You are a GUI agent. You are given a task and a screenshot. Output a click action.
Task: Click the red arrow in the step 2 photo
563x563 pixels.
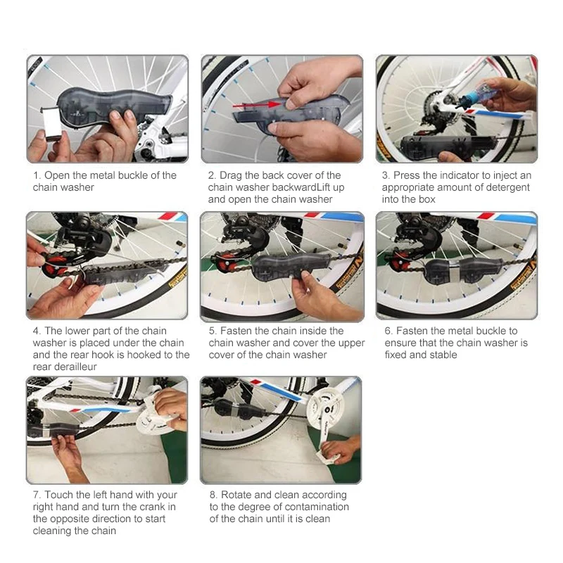256,105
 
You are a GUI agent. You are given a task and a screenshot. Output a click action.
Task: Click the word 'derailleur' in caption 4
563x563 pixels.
65,367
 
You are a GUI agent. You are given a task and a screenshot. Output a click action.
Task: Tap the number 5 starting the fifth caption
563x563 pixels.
213,331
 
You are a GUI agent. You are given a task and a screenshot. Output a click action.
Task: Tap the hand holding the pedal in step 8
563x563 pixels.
339,450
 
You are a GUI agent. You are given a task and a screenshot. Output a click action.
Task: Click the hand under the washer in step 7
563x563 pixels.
69,456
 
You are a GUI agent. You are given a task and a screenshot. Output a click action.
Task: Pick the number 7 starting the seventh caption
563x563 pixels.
37,495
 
